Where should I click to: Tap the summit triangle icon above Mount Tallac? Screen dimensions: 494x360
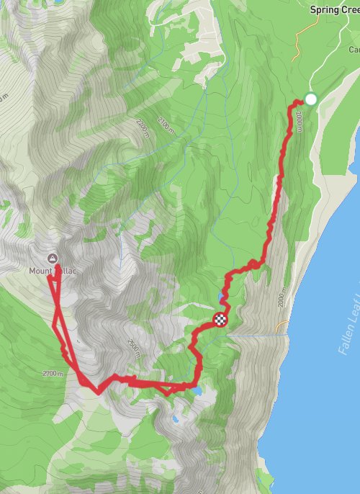coord(52,258)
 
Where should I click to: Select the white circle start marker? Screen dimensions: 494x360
coord(311,99)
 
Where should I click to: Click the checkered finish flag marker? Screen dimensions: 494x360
coord(220,320)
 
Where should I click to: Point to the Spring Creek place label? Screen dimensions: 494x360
coord(335,10)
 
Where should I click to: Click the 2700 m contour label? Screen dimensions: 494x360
coord(53,374)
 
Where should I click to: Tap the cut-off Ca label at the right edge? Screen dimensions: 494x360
coord(354,50)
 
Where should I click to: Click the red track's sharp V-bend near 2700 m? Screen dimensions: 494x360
coord(97,391)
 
